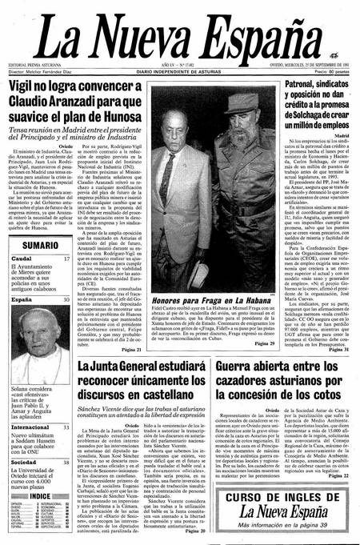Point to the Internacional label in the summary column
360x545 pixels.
(x=30, y=427)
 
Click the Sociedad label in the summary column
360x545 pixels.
(x=23, y=462)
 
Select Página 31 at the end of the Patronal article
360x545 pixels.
(x=338, y=350)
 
